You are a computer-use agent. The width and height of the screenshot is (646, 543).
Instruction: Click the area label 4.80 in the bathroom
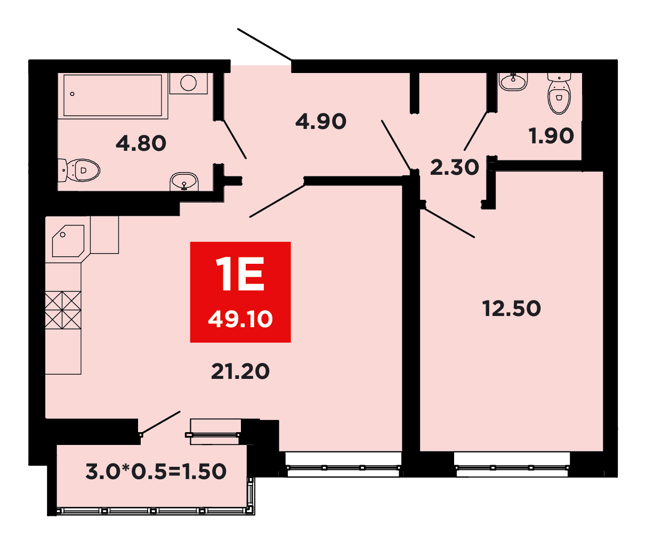point(141,143)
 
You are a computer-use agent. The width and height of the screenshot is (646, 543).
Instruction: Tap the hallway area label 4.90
point(321,121)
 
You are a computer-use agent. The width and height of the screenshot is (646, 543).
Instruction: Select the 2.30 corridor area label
point(455,167)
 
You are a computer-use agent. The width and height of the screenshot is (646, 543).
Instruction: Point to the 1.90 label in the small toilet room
point(552,136)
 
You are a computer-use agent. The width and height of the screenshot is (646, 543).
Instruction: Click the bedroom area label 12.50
point(512,308)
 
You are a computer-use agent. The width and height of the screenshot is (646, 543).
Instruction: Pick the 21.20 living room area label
point(240,371)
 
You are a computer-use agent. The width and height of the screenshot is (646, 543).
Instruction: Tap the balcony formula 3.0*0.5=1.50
point(156,471)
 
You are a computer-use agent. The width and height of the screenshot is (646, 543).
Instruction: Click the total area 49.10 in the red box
point(240,319)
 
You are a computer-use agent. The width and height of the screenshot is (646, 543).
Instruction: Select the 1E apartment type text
point(240,274)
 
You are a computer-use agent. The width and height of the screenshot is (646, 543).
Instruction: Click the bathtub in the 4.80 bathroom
point(113,95)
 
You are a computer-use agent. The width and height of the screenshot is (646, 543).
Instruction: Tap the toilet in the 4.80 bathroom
point(79,170)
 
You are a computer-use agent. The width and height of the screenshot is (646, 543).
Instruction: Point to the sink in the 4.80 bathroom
point(184,182)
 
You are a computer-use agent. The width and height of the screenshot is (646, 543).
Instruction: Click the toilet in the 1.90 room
point(559,93)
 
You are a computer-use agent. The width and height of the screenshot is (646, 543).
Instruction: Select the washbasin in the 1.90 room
point(513,82)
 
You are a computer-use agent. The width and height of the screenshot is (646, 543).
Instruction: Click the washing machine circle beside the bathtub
point(189,83)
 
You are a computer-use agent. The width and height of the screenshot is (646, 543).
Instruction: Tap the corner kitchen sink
point(68,241)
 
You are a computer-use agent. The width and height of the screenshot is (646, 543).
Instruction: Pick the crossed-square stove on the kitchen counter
point(63,310)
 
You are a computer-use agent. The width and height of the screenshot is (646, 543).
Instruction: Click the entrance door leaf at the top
point(264,44)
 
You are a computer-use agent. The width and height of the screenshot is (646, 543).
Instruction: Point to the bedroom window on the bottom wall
point(512,467)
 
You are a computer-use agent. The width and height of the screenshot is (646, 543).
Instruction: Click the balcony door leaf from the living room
point(160,423)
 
